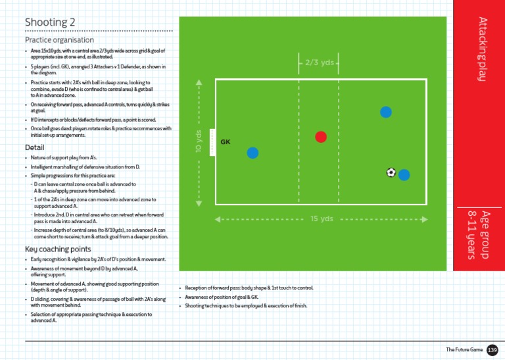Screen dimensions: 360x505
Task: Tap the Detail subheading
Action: (34, 147)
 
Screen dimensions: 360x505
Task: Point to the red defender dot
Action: (321, 137)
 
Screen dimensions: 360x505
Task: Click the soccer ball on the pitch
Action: (391, 172)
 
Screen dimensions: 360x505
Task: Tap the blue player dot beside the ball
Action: (404, 174)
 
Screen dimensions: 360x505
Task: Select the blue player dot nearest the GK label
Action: (252, 153)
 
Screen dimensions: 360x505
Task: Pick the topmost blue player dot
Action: (387, 112)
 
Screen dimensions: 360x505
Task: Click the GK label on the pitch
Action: (226, 141)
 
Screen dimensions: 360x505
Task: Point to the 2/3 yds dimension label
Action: (319, 63)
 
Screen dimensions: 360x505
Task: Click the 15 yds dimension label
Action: (322, 219)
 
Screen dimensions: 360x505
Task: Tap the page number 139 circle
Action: (492, 349)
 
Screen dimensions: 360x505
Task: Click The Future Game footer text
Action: (464, 349)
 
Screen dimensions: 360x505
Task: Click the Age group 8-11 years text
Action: (479, 234)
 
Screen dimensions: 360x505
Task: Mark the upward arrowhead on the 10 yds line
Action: (199, 83)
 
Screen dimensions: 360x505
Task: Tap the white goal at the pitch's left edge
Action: (212, 142)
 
